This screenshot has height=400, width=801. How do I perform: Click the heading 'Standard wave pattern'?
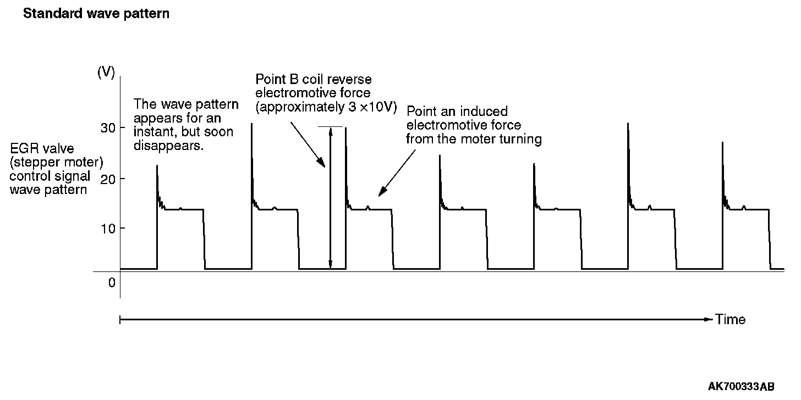point(96,14)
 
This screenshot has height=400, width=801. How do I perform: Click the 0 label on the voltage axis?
point(112,282)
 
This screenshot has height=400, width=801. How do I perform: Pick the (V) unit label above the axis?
point(106,73)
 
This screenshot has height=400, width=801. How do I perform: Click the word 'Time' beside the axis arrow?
point(731,319)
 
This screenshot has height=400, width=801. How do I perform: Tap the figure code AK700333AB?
point(748,387)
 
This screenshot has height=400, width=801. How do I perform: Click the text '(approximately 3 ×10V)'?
point(326,107)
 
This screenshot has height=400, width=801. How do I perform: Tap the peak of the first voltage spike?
point(157,165)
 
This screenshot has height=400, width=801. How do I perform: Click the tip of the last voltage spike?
point(722,142)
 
